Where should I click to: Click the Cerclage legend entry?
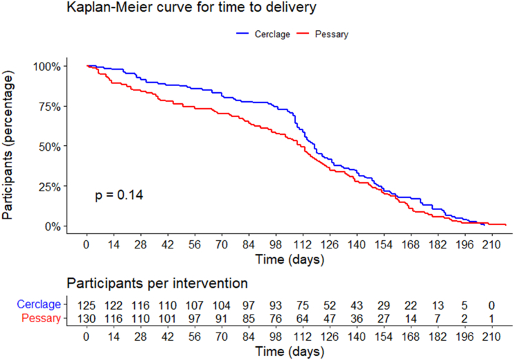click(x=263, y=34)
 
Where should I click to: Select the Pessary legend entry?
click(x=322, y=34)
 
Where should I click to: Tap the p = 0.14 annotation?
click(x=119, y=195)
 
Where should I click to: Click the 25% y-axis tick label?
click(x=50, y=187)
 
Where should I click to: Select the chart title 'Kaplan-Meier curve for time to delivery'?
click(x=191, y=7)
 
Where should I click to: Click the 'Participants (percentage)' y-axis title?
click(x=8, y=145)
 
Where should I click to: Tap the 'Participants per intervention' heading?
click(x=157, y=284)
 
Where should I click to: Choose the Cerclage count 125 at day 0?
click(x=87, y=306)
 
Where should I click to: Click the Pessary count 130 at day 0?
click(x=87, y=319)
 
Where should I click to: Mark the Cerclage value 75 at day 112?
click(x=303, y=306)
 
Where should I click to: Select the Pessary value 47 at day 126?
click(x=330, y=319)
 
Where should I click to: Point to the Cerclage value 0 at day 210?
click(x=491, y=306)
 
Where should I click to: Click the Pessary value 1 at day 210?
click(x=491, y=319)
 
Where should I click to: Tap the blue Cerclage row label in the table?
click(x=39, y=304)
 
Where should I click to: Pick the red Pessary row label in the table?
click(x=41, y=319)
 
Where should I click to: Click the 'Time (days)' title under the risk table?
click(x=290, y=352)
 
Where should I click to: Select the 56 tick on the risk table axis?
click(x=195, y=337)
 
